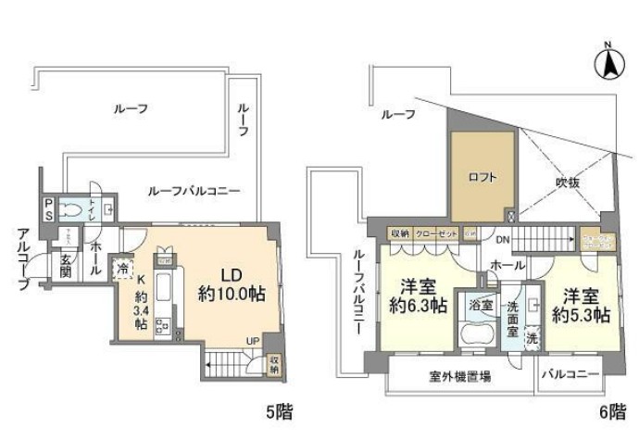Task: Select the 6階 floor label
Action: pos(612,409)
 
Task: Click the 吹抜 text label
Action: pos(568,182)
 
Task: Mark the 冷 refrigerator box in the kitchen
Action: pos(124,267)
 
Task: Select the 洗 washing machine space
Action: pos(532,338)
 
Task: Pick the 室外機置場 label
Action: pos(459,377)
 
